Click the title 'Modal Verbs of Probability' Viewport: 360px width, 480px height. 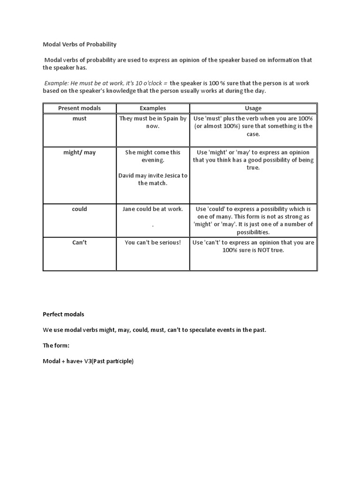coord(80,45)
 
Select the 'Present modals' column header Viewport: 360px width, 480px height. coord(79,108)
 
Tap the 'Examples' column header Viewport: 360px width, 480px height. coord(153,108)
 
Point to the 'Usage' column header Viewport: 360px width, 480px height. coord(253,108)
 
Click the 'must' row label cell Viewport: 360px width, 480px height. coord(79,119)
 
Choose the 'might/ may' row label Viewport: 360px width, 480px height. coord(79,152)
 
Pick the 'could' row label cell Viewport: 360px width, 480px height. coord(79,209)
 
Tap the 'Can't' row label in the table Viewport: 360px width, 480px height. coord(79,243)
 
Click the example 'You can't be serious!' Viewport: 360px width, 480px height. coord(153,243)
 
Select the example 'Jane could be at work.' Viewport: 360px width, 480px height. coord(153,209)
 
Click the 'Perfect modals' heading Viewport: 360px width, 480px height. coord(63,314)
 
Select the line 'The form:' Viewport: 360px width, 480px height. coord(55,345)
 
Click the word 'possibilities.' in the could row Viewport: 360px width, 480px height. coord(253,232)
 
